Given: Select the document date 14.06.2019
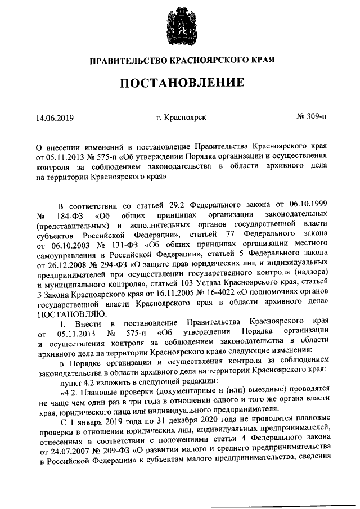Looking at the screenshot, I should point(55,118).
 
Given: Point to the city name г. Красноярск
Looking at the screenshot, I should point(181,118).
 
